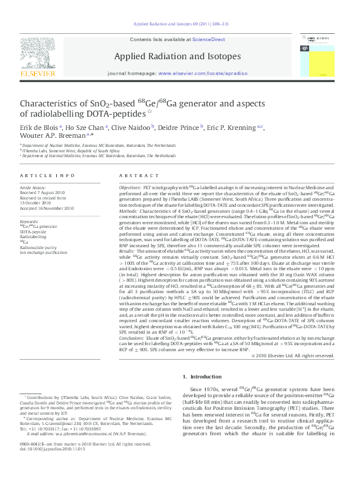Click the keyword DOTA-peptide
[x=33, y=231]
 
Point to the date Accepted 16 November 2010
[x=47, y=208]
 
